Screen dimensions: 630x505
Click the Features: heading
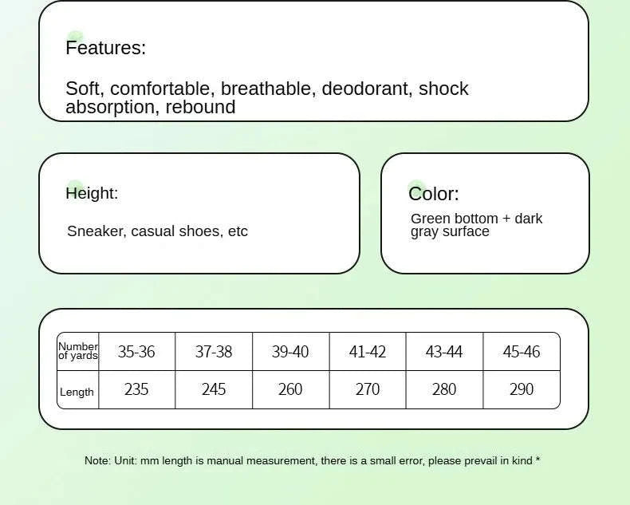click(x=106, y=48)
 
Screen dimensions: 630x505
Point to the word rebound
click(x=200, y=107)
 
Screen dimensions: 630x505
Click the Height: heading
click(x=92, y=193)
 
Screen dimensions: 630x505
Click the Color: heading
click(x=434, y=194)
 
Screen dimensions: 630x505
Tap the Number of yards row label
click(x=78, y=351)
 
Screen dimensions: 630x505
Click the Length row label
click(x=77, y=392)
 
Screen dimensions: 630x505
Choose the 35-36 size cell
click(x=136, y=352)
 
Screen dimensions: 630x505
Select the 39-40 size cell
click(x=290, y=352)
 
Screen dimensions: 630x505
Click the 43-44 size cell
click(x=444, y=352)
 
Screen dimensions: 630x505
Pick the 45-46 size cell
click(x=521, y=352)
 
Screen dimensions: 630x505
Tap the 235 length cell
click(x=136, y=389)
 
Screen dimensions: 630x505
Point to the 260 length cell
click(x=290, y=389)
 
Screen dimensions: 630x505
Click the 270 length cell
click(x=367, y=389)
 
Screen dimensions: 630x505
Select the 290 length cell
click(x=521, y=389)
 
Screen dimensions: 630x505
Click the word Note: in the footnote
click(x=97, y=460)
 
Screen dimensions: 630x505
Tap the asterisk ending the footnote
click(x=537, y=460)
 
